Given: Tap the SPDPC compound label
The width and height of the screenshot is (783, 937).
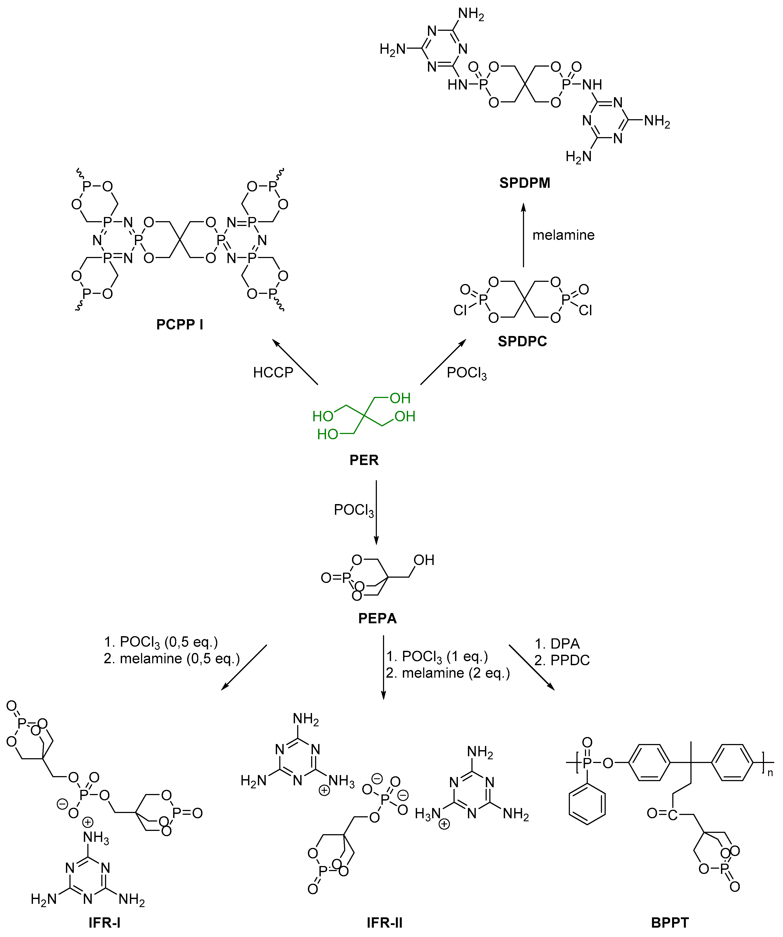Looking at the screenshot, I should [522, 341].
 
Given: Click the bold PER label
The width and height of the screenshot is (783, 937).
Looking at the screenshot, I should [364, 460].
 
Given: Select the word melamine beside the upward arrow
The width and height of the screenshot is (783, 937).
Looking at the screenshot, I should [563, 235].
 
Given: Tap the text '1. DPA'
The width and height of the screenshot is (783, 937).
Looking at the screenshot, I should [557, 643].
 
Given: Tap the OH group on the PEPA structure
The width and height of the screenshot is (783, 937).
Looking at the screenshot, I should [423, 560].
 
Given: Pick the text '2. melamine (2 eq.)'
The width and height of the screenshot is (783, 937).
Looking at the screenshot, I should [447, 673].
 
